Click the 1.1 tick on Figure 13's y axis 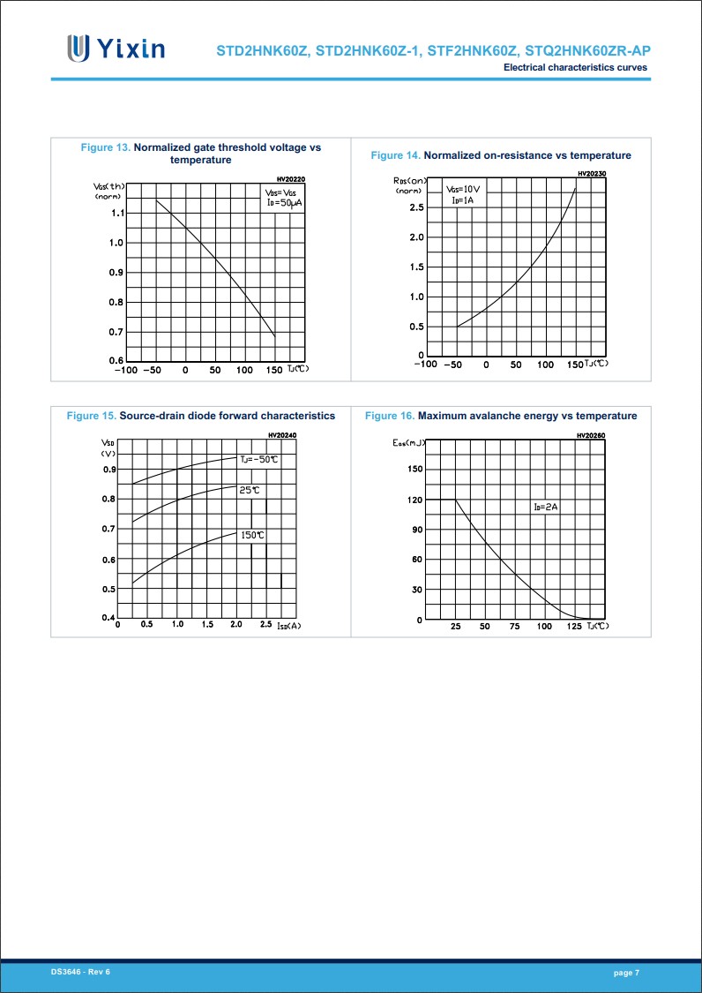click(x=116, y=213)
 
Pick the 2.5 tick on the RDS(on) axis click(x=416, y=207)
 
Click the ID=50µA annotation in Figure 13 click(x=284, y=203)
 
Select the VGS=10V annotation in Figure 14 click(x=463, y=189)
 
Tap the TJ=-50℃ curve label click(x=259, y=459)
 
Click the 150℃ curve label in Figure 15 click(x=253, y=535)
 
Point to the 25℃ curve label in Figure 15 click(x=250, y=489)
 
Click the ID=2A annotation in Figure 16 click(x=546, y=507)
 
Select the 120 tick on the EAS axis click(x=414, y=500)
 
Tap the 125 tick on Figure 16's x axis click(x=574, y=627)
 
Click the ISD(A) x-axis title click(x=288, y=626)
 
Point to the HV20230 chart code click(x=592, y=174)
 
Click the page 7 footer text click(x=626, y=972)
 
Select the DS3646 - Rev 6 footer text click(x=80, y=971)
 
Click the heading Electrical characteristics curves click(x=575, y=68)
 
